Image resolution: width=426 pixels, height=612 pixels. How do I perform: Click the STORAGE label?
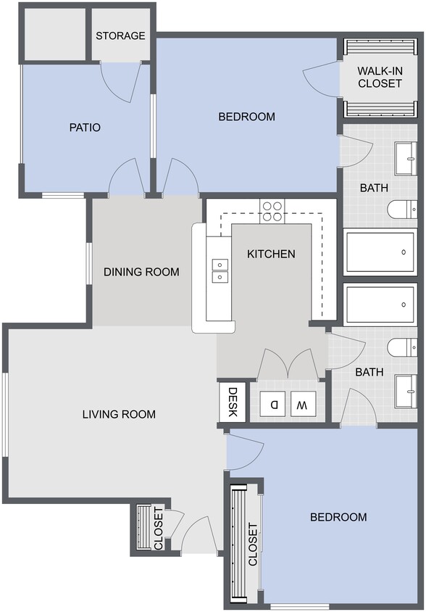pyautogui.click(x=120, y=36)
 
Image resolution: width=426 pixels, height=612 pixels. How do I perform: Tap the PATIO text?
pyautogui.click(x=85, y=128)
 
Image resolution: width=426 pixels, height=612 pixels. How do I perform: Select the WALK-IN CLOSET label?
pyautogui.click(x=380, y=78)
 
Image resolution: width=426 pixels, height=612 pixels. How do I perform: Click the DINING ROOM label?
pyautogui.click(x=141, y=272)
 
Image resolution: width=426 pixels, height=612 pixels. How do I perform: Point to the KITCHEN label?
pyautogui.click(x=271, y=254)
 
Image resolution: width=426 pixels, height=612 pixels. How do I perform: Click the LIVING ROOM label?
pyautogui.click(x=119, y=414)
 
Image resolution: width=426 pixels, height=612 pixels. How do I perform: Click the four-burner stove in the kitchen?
pyautogui.click(x=272, y=210)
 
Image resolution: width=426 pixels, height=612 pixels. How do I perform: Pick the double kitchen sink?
pyautogui.click(x=219, y=270)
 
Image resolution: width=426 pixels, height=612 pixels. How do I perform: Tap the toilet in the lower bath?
pyautogui.click(x=401, y=347)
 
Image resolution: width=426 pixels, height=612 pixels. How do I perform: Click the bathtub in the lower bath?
pyautogui.click(x=380, y=305)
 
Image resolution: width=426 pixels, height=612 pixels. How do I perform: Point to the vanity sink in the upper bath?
pyautogui.click(x=405, y=158)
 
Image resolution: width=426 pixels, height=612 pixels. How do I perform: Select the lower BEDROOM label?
pyautogui.click(x=338, y=517)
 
